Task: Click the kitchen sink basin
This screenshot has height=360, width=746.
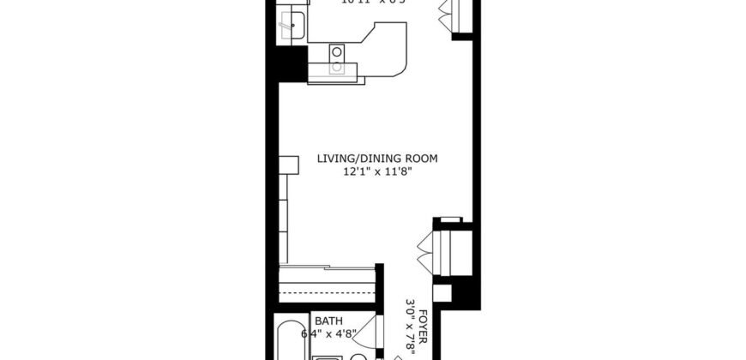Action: click(295, 26)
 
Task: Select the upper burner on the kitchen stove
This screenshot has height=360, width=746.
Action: click(338, 51)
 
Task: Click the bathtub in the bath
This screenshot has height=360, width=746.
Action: click(288, 343)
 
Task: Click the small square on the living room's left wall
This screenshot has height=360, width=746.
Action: click(288, 163)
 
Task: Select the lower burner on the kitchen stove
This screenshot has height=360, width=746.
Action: click(338, 66)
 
